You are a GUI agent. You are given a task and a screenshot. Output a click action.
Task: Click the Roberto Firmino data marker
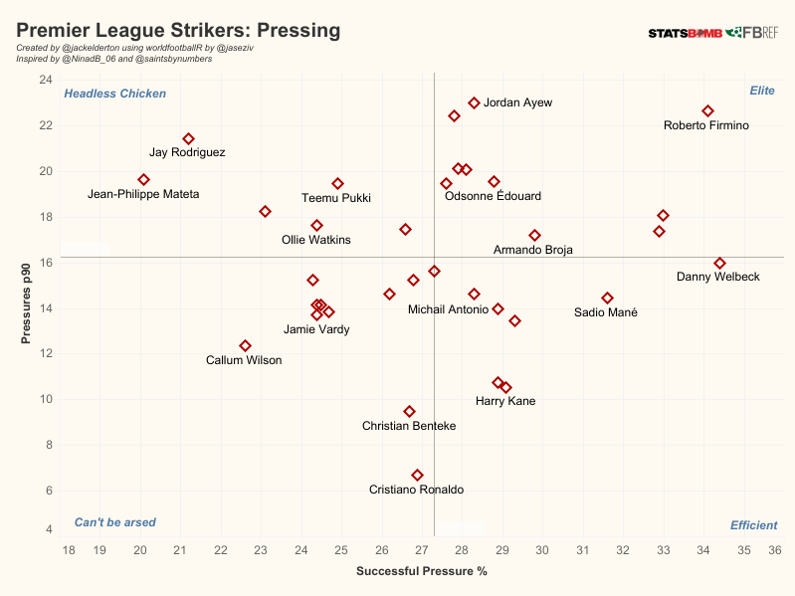pos(707,111)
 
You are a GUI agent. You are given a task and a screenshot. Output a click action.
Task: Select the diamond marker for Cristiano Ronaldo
pos(417,475)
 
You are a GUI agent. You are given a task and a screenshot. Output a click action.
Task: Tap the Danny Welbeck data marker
pos(720,263)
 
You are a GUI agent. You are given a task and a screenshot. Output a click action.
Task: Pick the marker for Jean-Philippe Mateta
pos(143,179)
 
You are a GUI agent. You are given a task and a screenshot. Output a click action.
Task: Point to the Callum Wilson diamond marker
pos(245,345)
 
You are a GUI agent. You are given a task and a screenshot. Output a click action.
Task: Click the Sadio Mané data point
pos(607,298)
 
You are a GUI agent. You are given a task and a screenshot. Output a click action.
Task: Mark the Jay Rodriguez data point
pos(188,138)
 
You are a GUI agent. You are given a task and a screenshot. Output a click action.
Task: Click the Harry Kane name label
pos(505,401)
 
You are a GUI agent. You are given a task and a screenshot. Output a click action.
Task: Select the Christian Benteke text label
pos(409,426)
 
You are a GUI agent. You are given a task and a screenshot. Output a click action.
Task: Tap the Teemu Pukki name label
pos(336,198)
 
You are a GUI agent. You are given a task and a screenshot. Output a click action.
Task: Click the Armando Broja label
pos(533,250)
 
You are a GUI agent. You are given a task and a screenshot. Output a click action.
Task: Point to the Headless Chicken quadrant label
pos(115,94)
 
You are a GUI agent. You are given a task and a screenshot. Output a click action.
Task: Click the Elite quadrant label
pos(762,91)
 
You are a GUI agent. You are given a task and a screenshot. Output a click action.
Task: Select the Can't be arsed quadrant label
pos(113,522)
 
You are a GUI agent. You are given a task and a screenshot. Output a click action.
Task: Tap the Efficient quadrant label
pos(753,525)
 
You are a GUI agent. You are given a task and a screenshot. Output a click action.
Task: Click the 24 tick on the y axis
pos(46,80)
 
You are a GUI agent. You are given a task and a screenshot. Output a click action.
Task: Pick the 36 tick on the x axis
pos(775,550)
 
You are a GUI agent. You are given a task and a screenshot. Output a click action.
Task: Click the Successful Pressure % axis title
pos(421,572)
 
